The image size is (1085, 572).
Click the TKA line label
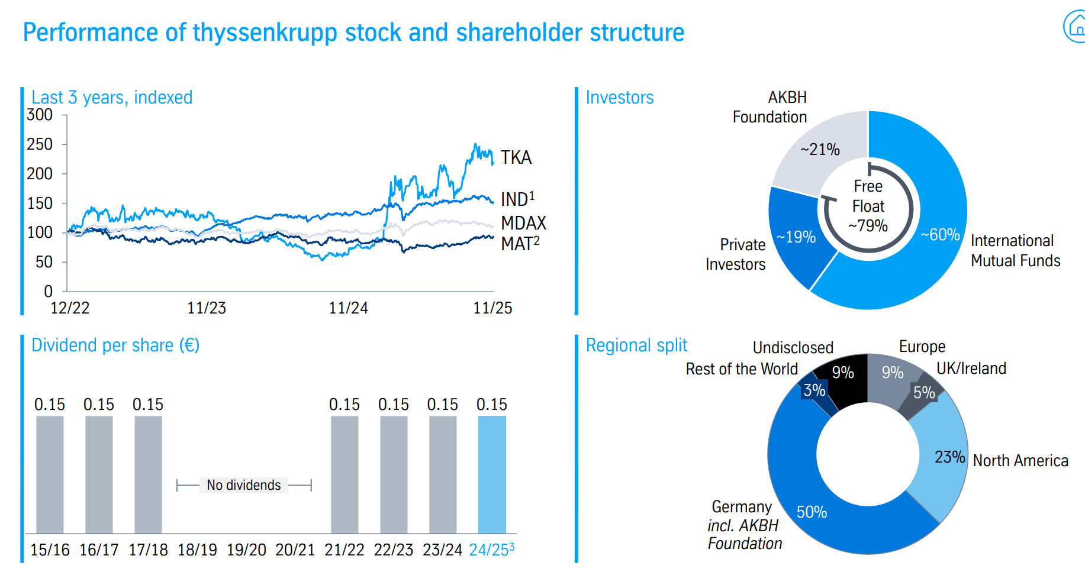click(516, 157)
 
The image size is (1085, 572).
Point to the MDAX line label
click(523, 223)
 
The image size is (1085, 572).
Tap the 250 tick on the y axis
click(40, 144)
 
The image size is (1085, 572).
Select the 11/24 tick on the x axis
click(348, 308)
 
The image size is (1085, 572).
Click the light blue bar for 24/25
click(492, 474)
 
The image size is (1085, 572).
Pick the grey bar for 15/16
click(50, 474)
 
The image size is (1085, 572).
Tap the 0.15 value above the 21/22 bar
click(344, 405)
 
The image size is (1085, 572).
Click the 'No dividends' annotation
click(244, 485)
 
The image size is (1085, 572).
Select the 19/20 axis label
click(246, 550)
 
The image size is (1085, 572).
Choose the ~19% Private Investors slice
click(796, 237)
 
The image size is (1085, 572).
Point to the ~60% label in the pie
click(940, 235)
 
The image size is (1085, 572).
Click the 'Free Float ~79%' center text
click(868, 206)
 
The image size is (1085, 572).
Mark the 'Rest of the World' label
click(742, 369)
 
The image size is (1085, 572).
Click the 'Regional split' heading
click(636, 345)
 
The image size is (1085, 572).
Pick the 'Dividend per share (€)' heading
click(115, 345)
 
